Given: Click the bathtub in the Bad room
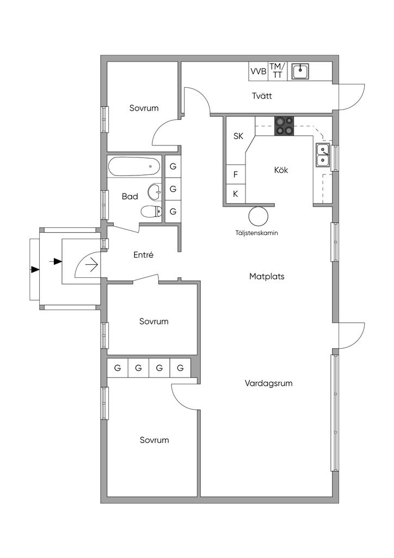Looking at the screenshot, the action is [134, 166].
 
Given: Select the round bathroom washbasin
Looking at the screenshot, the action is [155, 191].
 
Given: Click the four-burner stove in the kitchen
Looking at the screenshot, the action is [284, 126].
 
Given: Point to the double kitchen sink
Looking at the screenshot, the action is [323, 155].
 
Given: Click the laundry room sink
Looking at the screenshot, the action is [300, 71].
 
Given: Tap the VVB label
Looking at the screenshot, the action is [258, 71].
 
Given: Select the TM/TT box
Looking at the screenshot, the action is [277, 71].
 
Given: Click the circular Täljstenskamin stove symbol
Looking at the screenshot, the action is [258, 216].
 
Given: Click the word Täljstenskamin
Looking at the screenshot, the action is [256, 233].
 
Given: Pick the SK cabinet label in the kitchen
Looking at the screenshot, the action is [238, 136].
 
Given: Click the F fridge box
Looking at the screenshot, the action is [236, 175].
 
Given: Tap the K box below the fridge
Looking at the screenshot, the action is [236, 194].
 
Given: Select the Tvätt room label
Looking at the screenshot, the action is [262, 96].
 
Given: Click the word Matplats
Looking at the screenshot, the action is [267, 276].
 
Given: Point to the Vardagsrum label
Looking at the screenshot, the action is [269, 383].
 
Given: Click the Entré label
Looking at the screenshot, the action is [144, 255].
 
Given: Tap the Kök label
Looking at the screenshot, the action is [281, 170].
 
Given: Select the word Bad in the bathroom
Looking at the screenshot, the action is [130, 196].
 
